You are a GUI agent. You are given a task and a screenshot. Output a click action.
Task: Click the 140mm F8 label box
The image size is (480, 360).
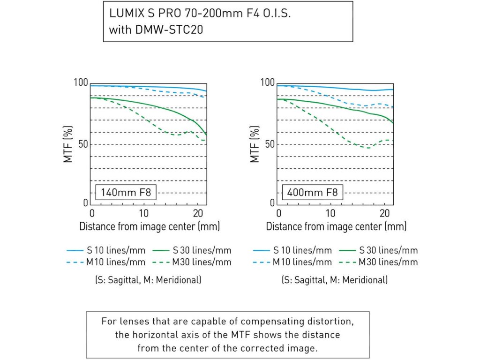click(x=126, y=192)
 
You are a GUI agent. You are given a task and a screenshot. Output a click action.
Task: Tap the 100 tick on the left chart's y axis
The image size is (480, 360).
click(x=81, y=83)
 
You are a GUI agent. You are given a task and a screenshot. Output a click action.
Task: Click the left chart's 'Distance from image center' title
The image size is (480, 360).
click(x=149, y=227)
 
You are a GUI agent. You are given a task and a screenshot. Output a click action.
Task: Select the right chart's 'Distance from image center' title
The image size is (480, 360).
click(x=336, y=227)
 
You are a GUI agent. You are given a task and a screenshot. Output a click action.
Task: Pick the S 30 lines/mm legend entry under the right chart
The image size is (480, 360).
click(x=388, y=250)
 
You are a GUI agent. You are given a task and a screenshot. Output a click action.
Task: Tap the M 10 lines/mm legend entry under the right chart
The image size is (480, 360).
click(x=302, y=262)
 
